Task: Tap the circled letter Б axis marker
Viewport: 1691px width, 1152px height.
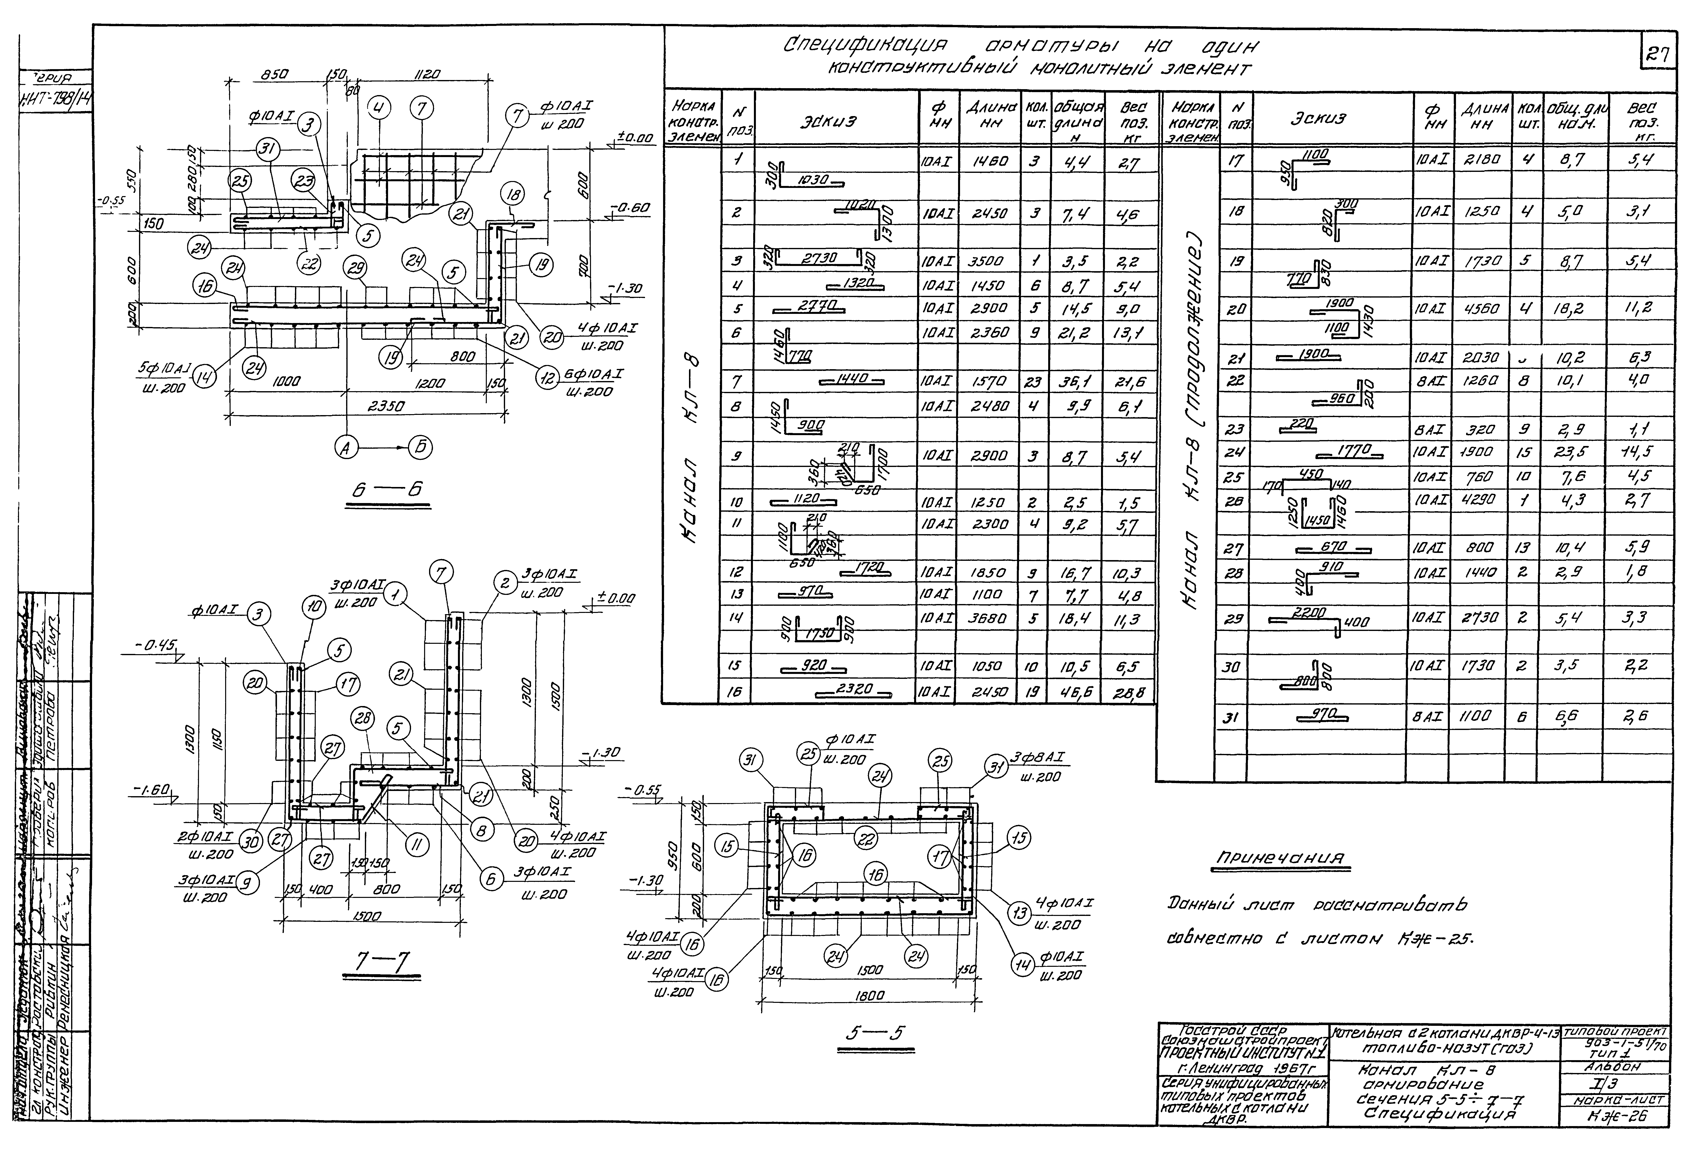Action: (x=420, y=447)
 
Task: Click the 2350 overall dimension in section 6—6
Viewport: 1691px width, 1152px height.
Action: (x=387, y=406)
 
